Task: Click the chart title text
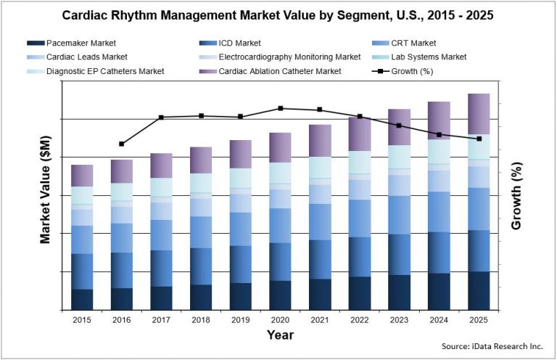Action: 278,15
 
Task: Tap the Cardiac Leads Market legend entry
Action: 86,57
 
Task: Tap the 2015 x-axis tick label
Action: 82,319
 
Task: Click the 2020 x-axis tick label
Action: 280,319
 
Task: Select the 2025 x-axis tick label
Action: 478,319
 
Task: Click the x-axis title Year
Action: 280,335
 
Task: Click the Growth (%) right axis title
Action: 516,196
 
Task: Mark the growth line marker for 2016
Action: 122,144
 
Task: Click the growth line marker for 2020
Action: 280,108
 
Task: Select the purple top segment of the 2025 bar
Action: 478,114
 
